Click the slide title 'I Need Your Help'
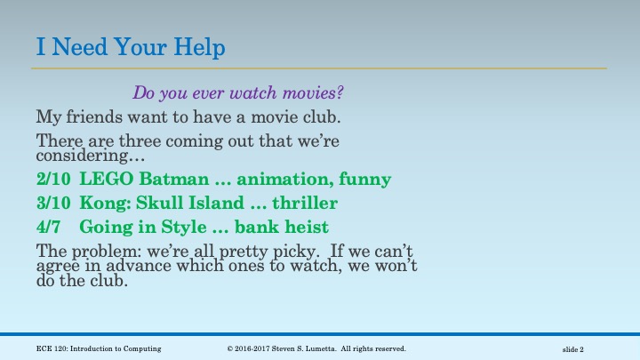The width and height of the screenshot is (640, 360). click(131, 46)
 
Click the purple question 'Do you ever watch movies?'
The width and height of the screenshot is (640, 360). click(237, 92)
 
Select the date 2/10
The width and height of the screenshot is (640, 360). click(52, 179)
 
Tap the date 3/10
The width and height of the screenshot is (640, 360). click(52, 203)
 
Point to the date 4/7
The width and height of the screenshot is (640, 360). click(49, 226)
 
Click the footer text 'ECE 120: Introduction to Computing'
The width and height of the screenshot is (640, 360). click(99, 348)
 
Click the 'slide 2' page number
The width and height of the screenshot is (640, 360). click(579, 348)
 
